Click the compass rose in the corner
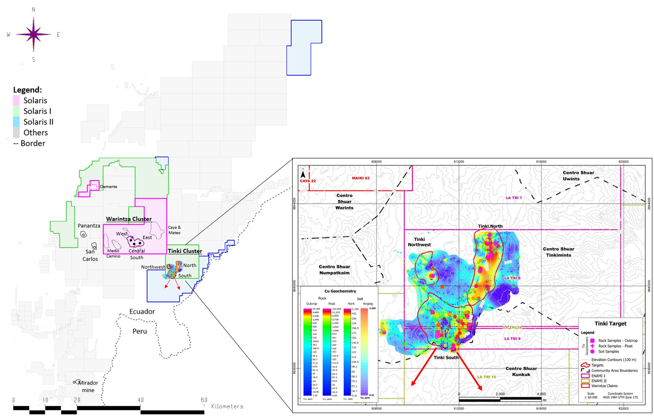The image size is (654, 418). pyautogui.click(x=33, y=35)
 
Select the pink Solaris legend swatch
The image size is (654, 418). pyautogui.click(x=16, y=100)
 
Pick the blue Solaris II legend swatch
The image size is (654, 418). pyautogui.click(x=16, y=122)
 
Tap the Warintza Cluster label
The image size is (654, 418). pyautogui.click(x=129, y=219)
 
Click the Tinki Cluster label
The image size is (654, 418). pyautogui.click(x=185, y=251)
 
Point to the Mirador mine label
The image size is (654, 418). pyautogui.click(x=88, y=386)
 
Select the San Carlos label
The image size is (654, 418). pyautogui.click(x=90, y=255)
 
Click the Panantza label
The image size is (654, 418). pyautogui.click(x=89, y=226)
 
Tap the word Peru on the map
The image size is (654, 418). pyautogui.click(x=140, y=331)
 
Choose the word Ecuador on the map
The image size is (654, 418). pyautogui.click(x=142, y=311)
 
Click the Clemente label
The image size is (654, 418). pyautogui.click(x=108, y=187)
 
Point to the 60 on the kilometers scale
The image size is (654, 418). pyautogui.click(x=204, y=400)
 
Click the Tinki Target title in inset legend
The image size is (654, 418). pyautogui.click(x=610, y=324)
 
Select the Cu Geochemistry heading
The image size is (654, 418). pyautogui.click(x=340, y=291)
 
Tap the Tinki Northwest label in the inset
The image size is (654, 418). pyautogui.click(x=419, y=242)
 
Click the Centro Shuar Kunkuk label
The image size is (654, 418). pyautogui.click(x=521, y=371)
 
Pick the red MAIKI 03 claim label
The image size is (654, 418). pyautogui.click(x=360, y=178)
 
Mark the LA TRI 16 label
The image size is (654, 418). pyautogui.click(x=486, y=377)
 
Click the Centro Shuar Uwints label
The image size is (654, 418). pyautogui.click(x=578, y=176)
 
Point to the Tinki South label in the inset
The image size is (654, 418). pyautogui.click(x=446, y=357)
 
